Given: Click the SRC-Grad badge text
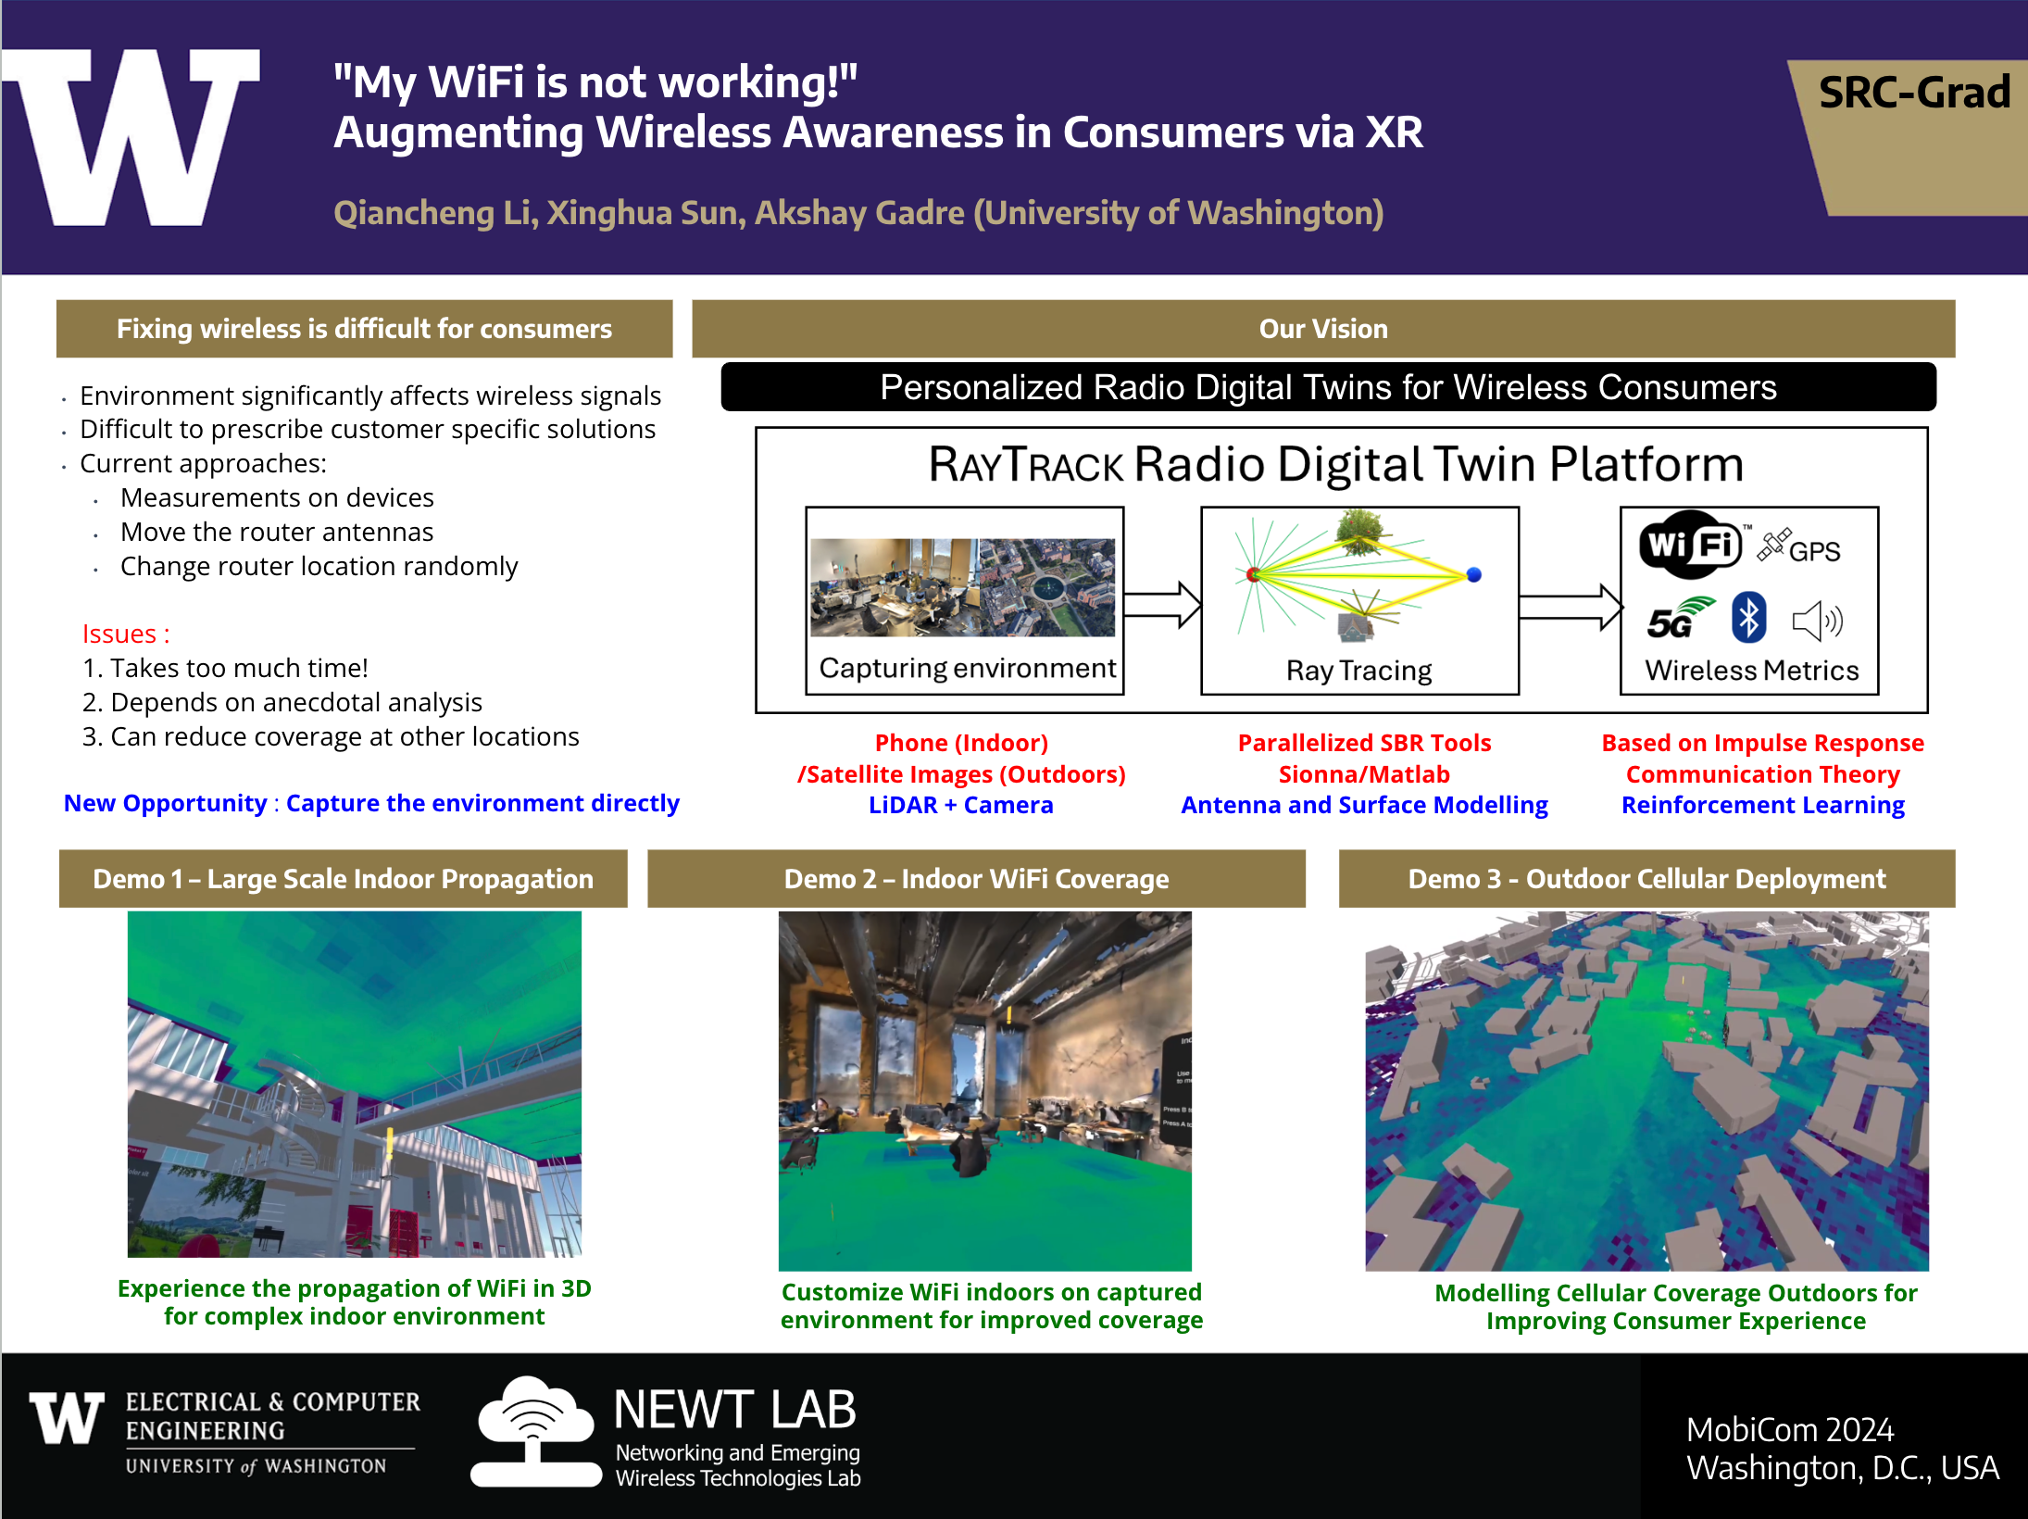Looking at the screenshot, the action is [x=1914, y=93].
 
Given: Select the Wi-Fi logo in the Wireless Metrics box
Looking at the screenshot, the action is [x=1690, y=545].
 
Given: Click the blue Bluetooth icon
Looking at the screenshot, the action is [x=1748, y=618].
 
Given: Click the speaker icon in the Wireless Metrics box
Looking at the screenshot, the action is [x=1818, y=621].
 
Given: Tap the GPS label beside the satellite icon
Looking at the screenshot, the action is [x=1814, y=551].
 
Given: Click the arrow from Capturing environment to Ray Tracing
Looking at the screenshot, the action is [x=1162, y=605].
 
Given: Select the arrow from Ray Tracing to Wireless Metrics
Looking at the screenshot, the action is [x=1571, y=608].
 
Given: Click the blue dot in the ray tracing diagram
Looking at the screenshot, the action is [x=1474, y=574].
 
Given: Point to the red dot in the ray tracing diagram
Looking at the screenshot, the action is [x=1253, y=574].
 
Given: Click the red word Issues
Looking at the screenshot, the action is [x=119, y=634].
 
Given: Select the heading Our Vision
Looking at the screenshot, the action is [x=1323, y=329].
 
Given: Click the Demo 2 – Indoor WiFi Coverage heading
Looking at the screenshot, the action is [x=976, y=879].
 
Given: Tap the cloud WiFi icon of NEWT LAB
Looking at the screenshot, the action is [x=535, y=1430].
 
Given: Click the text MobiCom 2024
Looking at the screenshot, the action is [x=1790, y=1429].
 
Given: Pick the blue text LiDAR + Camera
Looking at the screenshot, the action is [x=961, y=805].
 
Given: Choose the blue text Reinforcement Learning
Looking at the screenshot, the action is [x=1763, y=806].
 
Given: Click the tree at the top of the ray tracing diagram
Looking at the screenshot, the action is [x=1359, y=531].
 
